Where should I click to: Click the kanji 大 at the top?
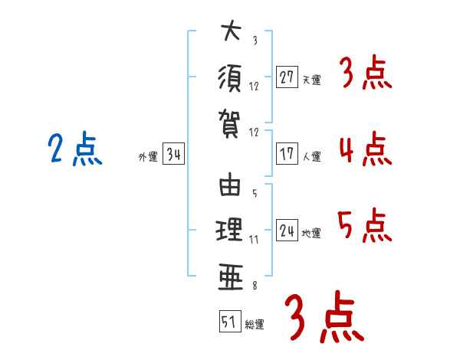click(230, 33)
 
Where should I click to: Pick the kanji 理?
click(230, 229)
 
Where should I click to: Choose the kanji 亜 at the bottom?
click(230, 273)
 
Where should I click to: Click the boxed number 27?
click(287, 77)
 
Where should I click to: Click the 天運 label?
click(311, 80)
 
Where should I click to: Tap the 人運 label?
click(311, 156)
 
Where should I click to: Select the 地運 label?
click(311, 233)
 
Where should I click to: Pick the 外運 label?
click(147, 157)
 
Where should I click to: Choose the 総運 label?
click(254, 324)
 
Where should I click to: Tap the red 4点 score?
click(365, 149)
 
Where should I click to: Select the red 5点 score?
click(365, 225)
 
